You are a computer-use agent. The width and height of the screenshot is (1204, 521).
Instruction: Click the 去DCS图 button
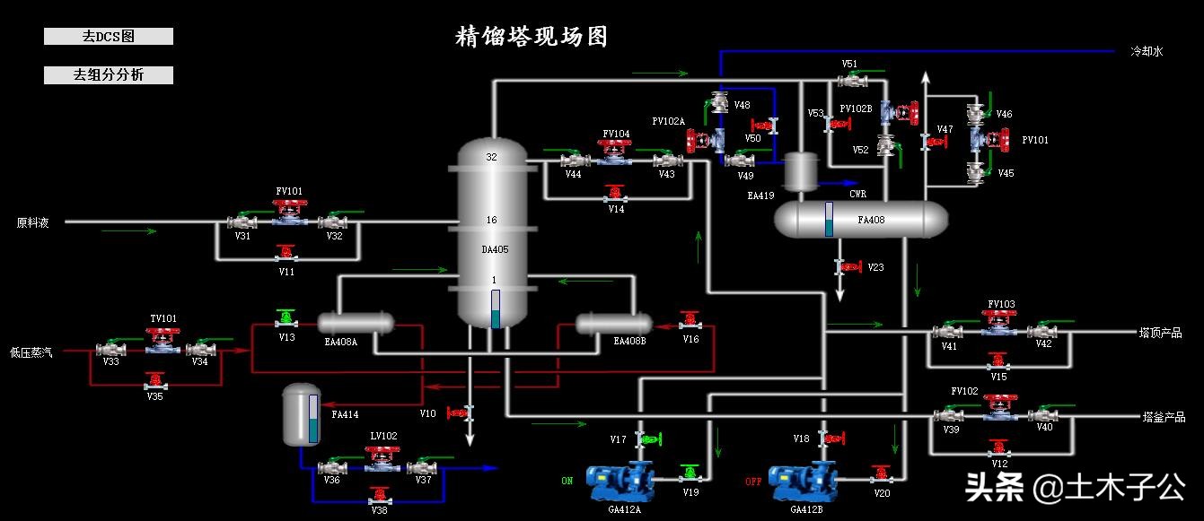click(x=108, y=37)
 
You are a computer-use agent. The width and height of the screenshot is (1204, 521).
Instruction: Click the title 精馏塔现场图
click(x=532, y=37)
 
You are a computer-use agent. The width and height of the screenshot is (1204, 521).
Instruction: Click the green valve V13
click(x=286, y=319)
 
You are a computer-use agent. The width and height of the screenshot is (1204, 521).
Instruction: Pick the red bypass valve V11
click(x=286, y=254)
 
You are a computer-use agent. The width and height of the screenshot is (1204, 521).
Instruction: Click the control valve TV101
click(x=163, y=343)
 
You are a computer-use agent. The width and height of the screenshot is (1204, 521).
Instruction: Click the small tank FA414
click(x=301, y=414)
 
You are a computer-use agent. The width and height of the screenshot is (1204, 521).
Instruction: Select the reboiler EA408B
click(x=613, y=323)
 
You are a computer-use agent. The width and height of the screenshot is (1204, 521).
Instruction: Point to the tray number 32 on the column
click(x=491, y=157)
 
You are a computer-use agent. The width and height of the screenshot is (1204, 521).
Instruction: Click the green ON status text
click(x=567, y=482)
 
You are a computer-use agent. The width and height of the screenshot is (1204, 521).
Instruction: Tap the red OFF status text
click(x=752, y=482)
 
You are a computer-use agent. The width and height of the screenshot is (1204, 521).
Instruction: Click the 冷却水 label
click(x=1146, y=52)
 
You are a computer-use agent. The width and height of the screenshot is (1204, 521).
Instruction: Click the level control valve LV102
click(x=382, y=459)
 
